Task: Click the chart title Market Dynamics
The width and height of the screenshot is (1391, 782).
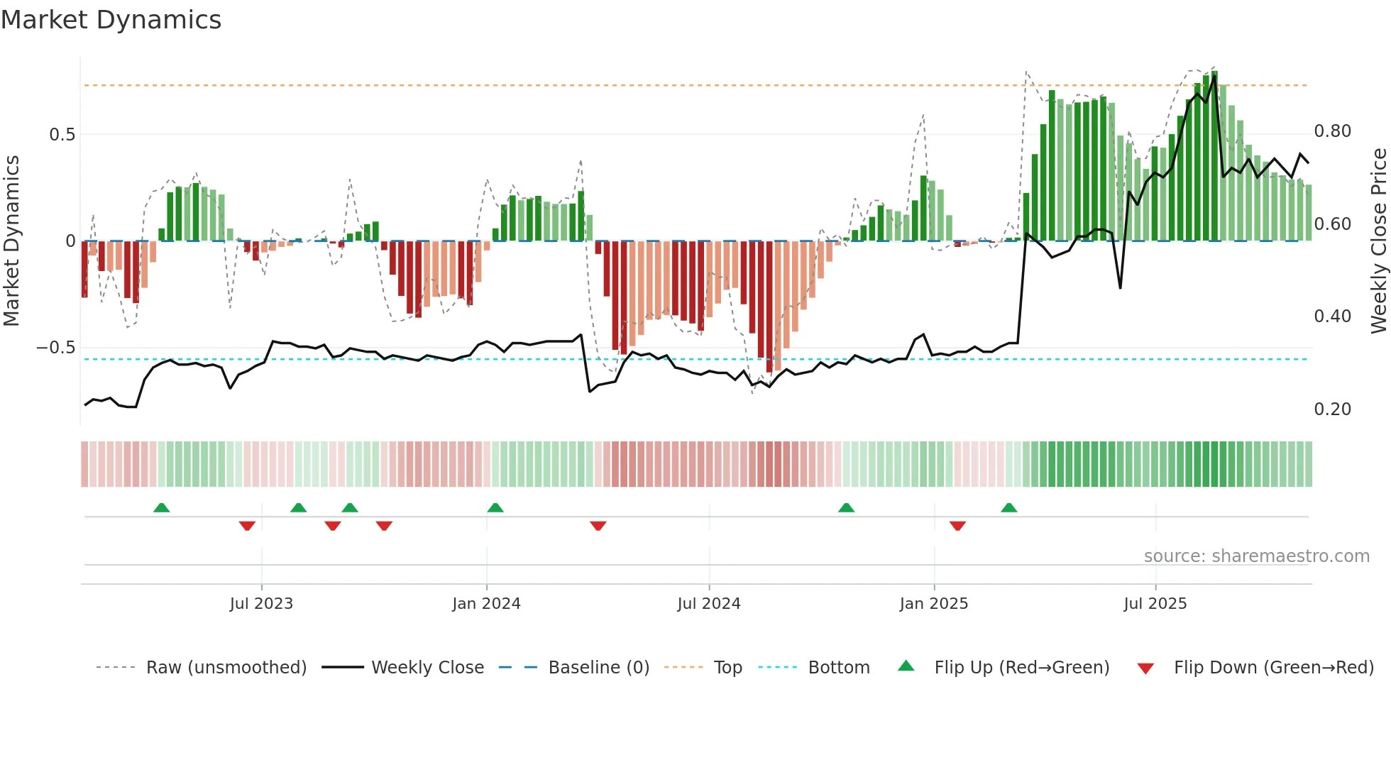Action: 111,20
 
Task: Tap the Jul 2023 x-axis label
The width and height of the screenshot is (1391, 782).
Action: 261,604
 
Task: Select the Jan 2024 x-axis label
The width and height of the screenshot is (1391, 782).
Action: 486,604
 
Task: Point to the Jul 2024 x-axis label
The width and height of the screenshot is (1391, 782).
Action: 708,604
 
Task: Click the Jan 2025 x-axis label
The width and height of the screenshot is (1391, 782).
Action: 933,604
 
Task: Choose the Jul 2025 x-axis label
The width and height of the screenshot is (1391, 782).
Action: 1155,604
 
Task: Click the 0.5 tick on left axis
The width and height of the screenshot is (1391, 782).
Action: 62,135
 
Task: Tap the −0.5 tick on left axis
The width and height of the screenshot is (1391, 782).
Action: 55,348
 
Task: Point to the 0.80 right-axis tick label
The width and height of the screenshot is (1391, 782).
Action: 1332,131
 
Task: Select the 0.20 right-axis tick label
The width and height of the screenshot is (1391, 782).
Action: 1332,409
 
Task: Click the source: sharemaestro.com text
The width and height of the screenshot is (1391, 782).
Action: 1256,556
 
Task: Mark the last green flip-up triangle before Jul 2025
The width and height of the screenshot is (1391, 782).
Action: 1008,507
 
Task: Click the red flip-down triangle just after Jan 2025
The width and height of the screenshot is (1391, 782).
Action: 957,526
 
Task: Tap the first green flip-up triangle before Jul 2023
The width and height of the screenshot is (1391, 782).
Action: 162,507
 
